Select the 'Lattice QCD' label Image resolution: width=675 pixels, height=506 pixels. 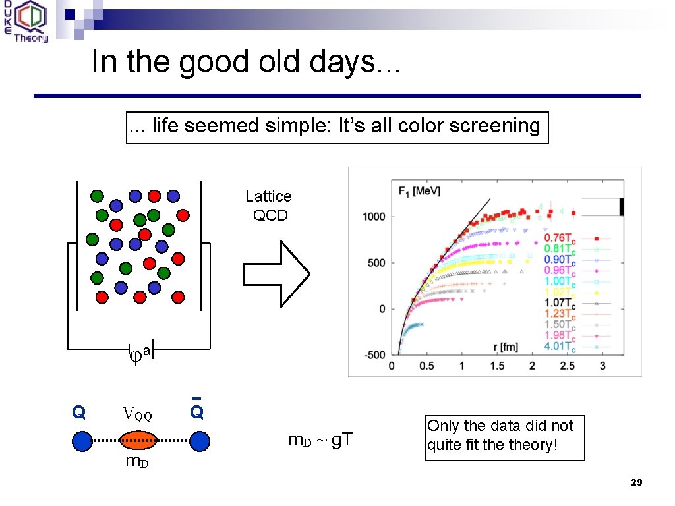click(269, 206)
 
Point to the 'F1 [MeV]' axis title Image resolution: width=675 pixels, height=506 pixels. click(419, 191)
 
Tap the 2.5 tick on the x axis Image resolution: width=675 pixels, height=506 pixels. click(567, 366)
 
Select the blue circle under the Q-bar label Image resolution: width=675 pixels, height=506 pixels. click(199, 441)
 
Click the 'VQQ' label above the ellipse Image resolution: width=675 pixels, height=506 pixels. click(137, 415)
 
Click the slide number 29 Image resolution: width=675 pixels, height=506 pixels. click(636, 483)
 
